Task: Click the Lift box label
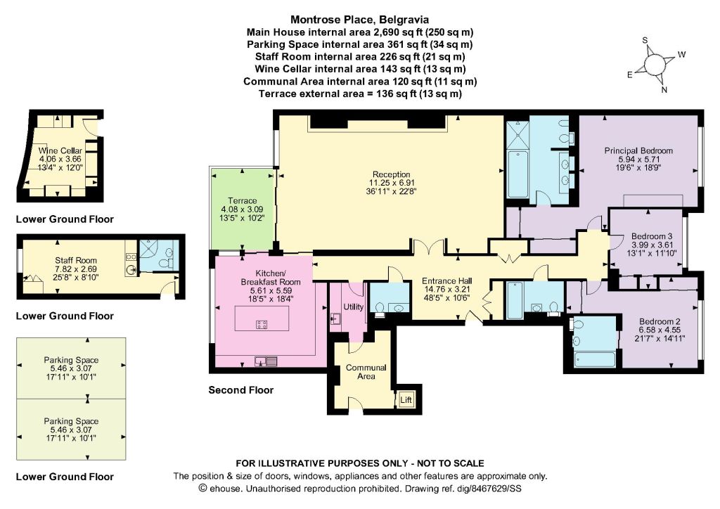coord(406,400)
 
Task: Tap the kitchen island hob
coord(262,325)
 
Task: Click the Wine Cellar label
coord(60,150)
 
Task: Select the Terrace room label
coord(243,200)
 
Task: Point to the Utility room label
coord(354,307)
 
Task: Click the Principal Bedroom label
coord(638,150)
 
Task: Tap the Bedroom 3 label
coord(652,236)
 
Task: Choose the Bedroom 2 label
coord(660,322)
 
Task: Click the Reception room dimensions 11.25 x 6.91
coord(391,183)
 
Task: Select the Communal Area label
coord(366,372)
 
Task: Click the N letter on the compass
coord(664,90)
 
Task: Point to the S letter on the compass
coord(645,40)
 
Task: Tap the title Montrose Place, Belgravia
coord(360,19)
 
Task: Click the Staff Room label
coord(76,260)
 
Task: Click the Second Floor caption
coord(241,390)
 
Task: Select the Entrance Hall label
coord(446,281)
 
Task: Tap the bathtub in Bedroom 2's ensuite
coord(594,359)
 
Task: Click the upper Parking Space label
coord(71,360)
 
